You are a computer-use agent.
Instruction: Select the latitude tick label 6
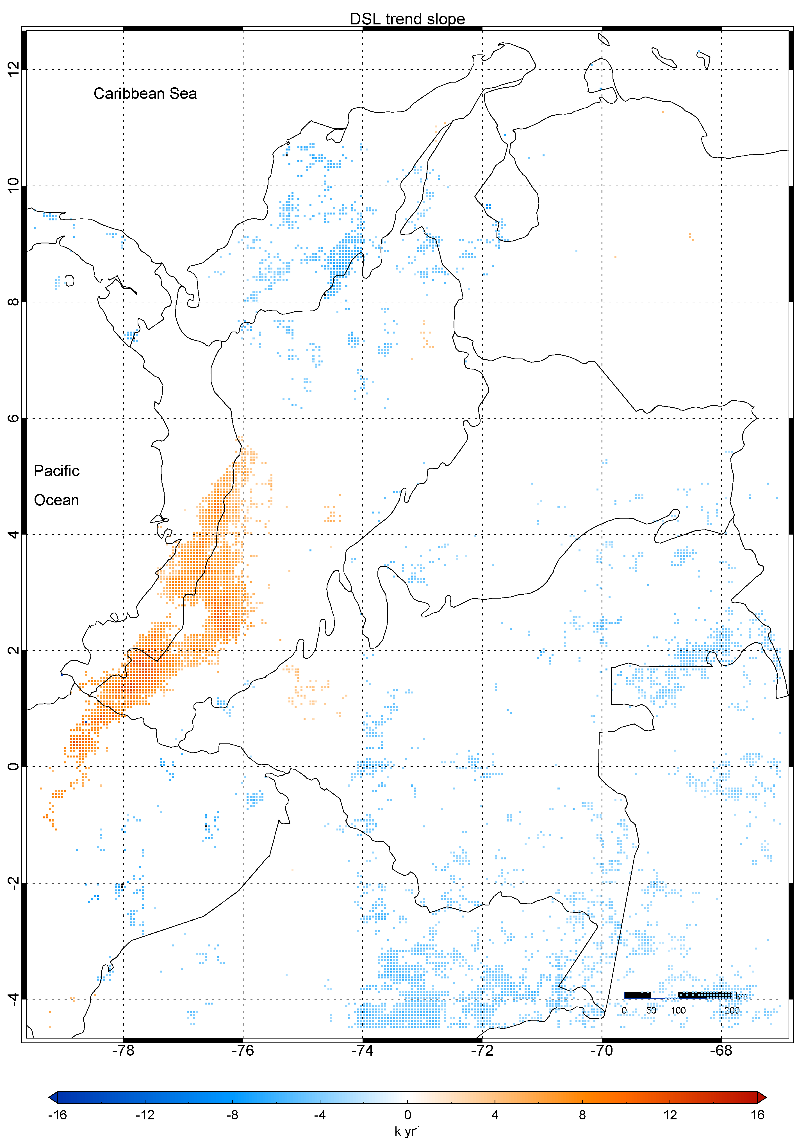13,418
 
